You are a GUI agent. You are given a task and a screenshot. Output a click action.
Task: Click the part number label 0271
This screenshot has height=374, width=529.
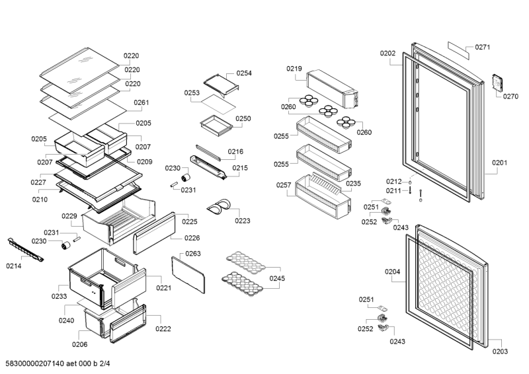click(482, 48)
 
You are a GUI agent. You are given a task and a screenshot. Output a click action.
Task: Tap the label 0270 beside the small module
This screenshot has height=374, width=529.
click(510, 96)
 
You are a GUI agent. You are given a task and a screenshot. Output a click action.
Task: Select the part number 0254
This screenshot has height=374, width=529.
click(244, 73)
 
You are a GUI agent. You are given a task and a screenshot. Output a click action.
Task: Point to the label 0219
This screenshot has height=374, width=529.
click(294, 69)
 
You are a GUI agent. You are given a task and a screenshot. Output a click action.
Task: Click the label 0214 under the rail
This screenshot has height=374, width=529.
click(14, 266)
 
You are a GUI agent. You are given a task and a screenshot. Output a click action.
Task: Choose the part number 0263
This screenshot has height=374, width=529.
click(193, 254)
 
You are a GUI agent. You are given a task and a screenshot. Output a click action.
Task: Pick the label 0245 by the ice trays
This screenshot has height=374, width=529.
click(277, 278)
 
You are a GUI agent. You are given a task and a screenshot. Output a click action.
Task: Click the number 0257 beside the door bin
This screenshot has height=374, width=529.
click(284, 186)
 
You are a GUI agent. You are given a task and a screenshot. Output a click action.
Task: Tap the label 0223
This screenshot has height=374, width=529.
click(243, 221)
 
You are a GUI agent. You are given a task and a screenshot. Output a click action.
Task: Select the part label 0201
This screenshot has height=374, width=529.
click(499, 163)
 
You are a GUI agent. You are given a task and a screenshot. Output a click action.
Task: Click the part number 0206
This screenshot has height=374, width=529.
click(79, 344)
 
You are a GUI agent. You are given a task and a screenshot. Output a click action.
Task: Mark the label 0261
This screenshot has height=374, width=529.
click(142, 102)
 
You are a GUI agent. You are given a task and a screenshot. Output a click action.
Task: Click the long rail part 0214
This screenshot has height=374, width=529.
click(26, 250)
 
